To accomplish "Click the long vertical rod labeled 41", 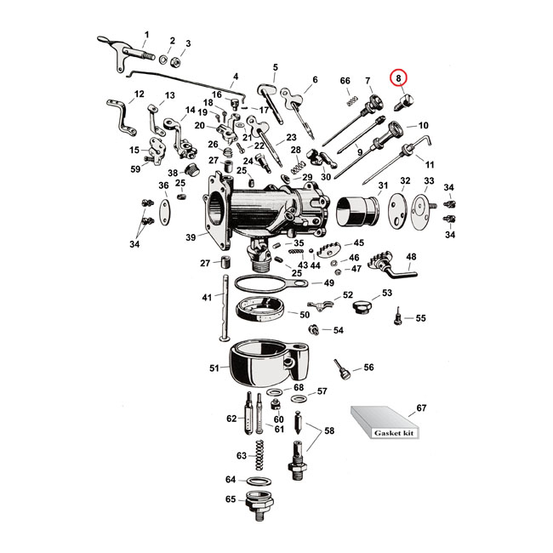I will (225, 306).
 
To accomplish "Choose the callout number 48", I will (410, 256).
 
